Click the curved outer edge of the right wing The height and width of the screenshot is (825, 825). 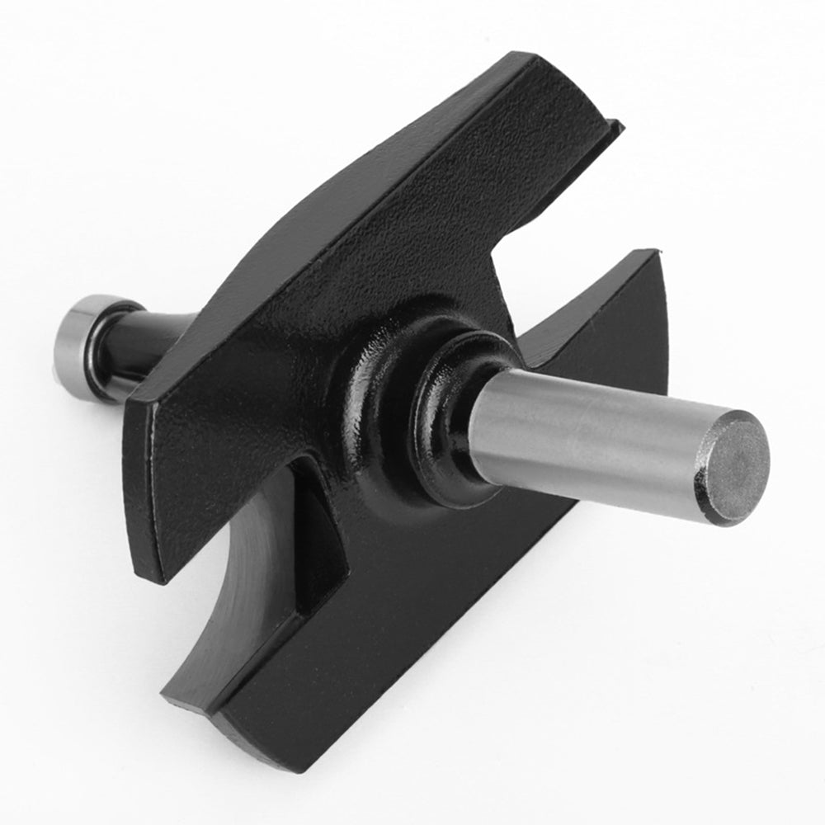pos(664,330)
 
